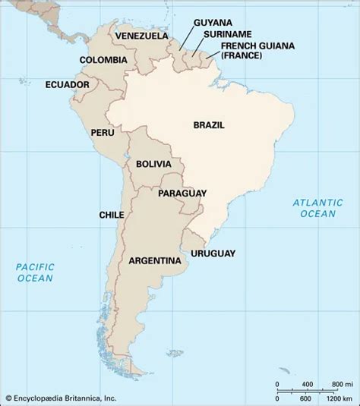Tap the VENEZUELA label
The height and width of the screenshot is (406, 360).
coord(141,35)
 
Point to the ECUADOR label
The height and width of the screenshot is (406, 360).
coord(68,84)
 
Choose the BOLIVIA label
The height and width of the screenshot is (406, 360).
coord(153,164)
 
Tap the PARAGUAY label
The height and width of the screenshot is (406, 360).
coord(183,194)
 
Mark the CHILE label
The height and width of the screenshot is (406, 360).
coord(112,215)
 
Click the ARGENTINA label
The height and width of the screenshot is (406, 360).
coord(155,260)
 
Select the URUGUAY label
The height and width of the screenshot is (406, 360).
coord(213,253)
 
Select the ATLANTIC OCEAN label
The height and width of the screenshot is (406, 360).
coord(314,208)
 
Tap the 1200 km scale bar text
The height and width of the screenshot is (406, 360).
coord(338,398)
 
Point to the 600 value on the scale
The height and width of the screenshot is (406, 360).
coord(306,398)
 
